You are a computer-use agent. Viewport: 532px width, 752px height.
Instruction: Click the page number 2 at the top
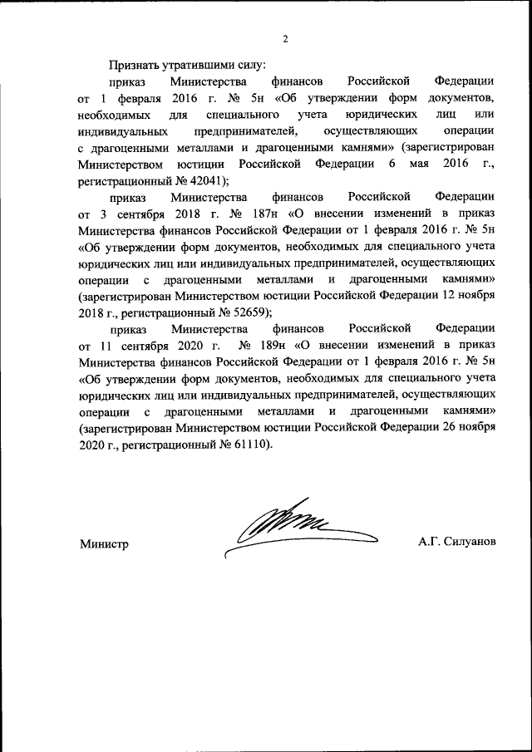[x=284, y=39]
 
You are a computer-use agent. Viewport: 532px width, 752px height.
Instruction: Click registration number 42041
[x=204, y=180]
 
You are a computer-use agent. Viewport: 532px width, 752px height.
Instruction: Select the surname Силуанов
[x=470, y=541]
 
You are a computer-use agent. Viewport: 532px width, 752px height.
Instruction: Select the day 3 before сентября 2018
[x=104, y=214]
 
